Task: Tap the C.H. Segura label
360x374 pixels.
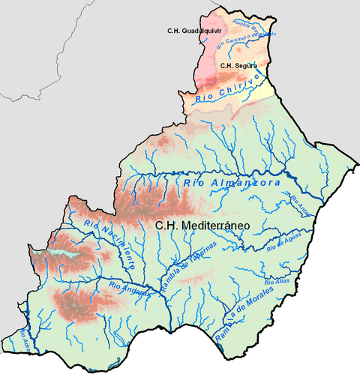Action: tap(238, 66)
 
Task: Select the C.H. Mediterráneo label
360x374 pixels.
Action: tap(202, 224)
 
